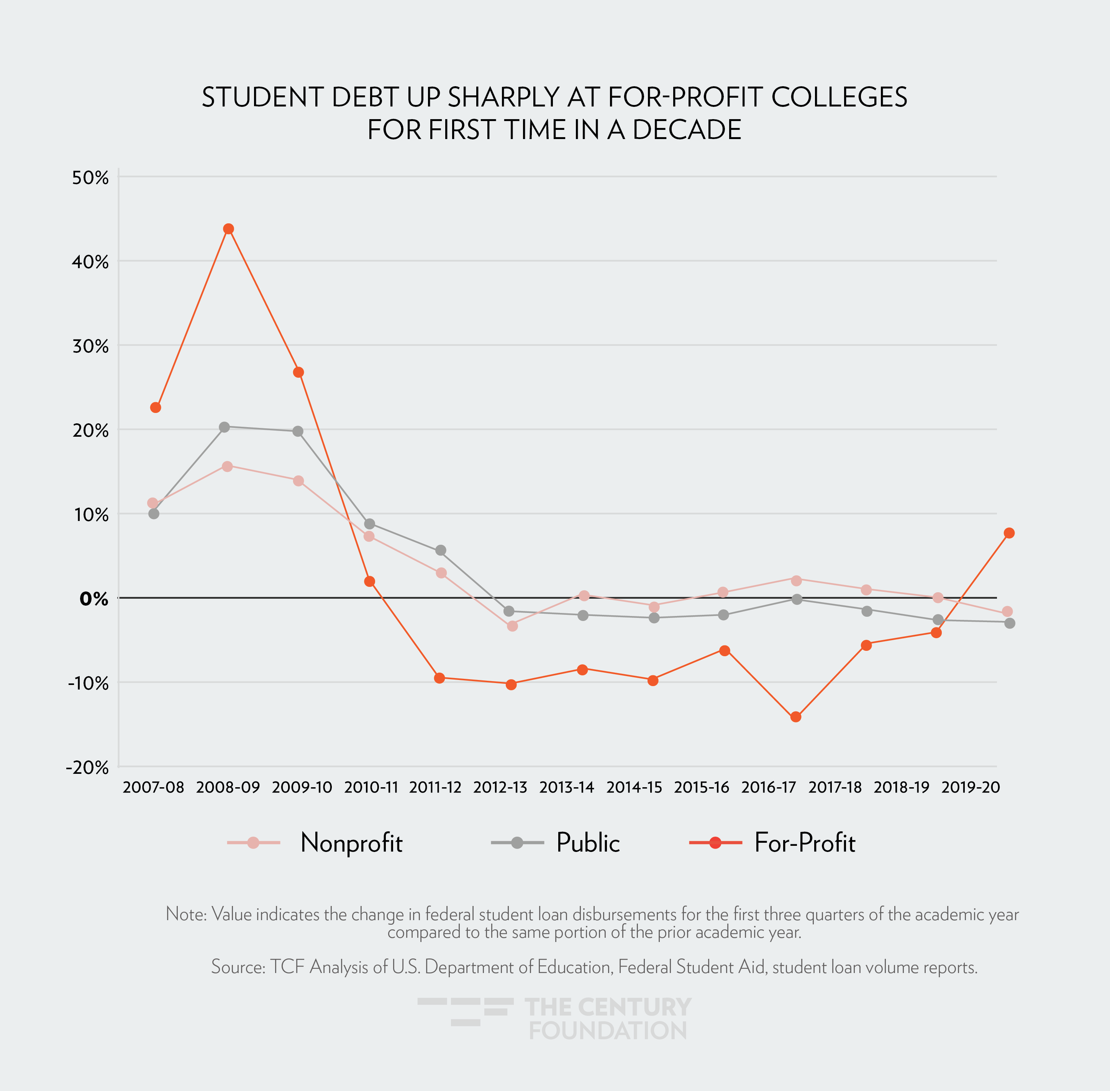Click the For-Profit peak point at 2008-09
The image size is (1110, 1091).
[228, 229]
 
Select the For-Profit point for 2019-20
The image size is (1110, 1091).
[1009, 533]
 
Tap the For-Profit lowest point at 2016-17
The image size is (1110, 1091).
[795, 717]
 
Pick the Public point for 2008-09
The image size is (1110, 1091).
[224, 427]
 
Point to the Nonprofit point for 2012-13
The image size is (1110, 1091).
[512, 626]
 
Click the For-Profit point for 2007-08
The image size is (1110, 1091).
[155, 408]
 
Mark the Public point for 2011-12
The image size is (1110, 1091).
[441, 550]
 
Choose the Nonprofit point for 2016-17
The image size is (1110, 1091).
[796, 580]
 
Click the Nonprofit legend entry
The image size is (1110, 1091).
[315, 843]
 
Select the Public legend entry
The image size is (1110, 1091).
[556, 843]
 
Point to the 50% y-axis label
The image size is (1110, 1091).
[90, 178]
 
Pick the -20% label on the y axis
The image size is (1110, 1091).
[88, 768]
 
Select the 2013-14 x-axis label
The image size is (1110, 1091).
[567, 787]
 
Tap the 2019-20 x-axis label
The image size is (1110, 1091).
[970, 787]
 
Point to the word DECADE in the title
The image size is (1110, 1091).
[687, 130]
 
